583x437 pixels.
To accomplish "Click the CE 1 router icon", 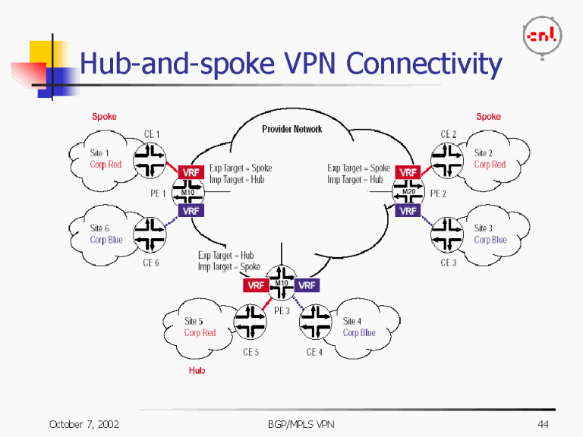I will pyautogui.click(x=151, y=159).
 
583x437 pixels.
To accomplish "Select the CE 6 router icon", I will pyautogui.click(x=151, y=236).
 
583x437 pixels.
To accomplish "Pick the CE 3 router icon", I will pyautogui.click(x=448, y=236).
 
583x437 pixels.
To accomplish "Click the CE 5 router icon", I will pyautogui.click(x=251, y=323).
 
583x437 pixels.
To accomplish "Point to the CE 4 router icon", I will pyautogui.click(x=316, y=323).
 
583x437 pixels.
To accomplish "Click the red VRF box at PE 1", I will pyautogui.click(x=191, y=173).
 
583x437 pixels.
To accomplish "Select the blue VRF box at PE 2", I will pyautogui.click(x=408, y=210).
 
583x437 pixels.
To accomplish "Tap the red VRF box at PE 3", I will pyautogui.click(x=255, y=285).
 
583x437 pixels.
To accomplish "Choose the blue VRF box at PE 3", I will pyautogui.click(x=307, y=285).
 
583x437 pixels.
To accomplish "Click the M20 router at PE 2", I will pyautogui.click(x=408, y=192).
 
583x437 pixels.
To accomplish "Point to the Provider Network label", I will pyautogui.click(x=292, y=129).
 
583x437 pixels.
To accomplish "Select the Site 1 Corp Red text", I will pyautogui.click(x=106, y=159).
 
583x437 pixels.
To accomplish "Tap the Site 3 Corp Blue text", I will pyautogui.click(x=490, y=234).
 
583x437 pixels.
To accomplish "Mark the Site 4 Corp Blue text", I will pyautogui.click(x=358, y=327).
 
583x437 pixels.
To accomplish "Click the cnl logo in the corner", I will pyautogui.click(x=542, y=35).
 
